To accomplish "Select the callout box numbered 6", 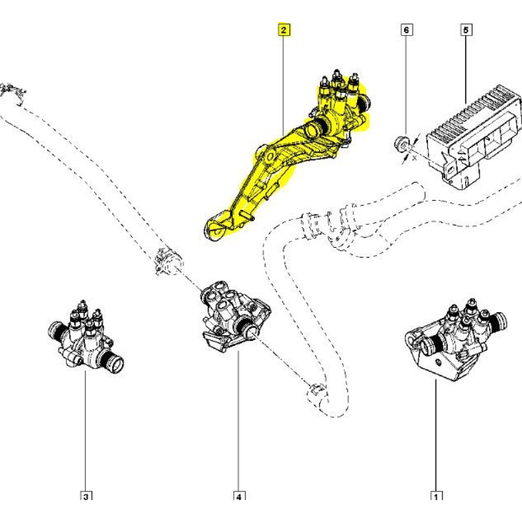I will [x=406, y=30].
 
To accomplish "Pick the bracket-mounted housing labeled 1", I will [x=449, y=339].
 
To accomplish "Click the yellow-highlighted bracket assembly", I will [x=292, y=157].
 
